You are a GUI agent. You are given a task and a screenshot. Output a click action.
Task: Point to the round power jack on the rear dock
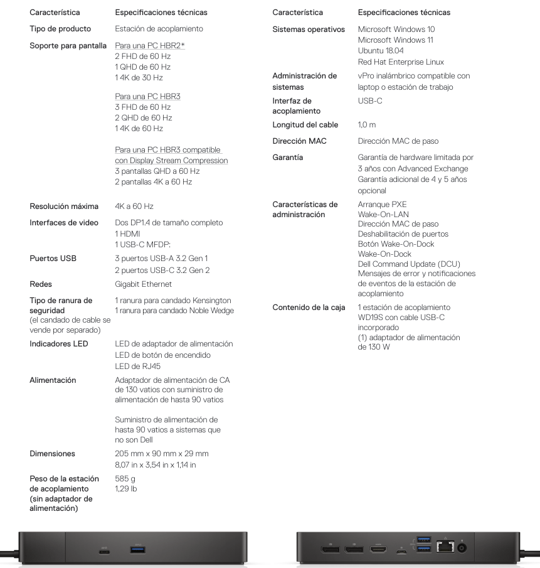[463, 549]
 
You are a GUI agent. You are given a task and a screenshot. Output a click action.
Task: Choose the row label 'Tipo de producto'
[60, 29]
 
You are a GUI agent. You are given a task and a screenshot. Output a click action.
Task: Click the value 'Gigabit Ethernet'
[144, 284]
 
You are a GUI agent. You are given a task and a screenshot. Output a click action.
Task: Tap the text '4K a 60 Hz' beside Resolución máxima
[134, 206]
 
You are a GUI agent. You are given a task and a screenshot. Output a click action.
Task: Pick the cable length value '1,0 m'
[367, 125]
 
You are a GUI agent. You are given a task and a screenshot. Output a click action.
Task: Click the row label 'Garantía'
[288, 158]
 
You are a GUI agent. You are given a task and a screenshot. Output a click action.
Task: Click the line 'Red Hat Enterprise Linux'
[401, 62]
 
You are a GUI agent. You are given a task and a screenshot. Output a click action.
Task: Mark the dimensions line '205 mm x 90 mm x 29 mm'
[162, 453]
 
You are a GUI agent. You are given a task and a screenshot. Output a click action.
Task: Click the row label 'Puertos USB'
[53, 258]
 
